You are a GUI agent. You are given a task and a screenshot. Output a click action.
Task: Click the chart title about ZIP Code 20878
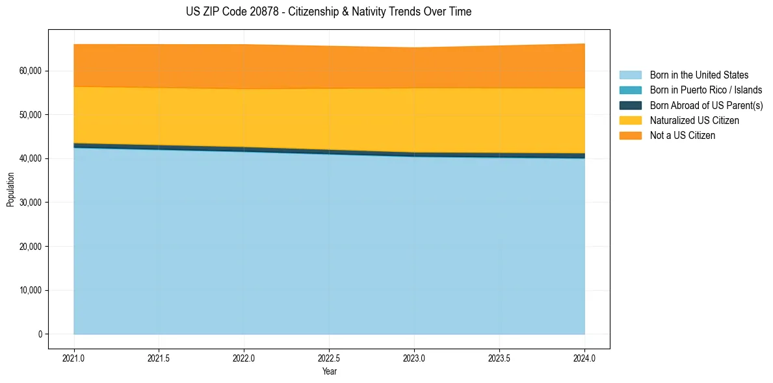(x=328, y=12)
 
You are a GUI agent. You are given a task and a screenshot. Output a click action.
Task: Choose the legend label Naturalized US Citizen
(x=694, y=120)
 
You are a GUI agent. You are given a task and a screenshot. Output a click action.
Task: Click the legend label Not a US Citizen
(x=683, y=135)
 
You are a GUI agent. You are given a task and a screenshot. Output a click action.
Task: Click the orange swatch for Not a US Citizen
(x=630, y=135)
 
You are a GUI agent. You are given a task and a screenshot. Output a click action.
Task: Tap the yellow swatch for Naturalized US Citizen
(x=630, y=120)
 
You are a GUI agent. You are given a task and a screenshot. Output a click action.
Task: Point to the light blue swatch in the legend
(x=630, y=75)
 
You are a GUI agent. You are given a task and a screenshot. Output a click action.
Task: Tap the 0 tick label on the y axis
(x=39, y=334)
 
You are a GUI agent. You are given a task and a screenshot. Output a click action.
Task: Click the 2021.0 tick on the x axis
(x=74, y=358)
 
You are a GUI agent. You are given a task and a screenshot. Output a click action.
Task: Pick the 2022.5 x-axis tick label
(x=330, y=358)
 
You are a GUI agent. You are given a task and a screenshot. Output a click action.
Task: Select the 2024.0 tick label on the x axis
(x=584, y=358)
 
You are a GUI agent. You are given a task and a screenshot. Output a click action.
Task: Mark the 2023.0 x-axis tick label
(x=414, y=358)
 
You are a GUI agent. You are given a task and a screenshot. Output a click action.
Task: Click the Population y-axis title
(x=10, y=190)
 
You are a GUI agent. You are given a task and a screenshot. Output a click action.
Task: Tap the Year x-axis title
(x=330, y=372)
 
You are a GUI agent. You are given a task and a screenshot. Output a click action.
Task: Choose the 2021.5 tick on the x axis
(x=159, y=358)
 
